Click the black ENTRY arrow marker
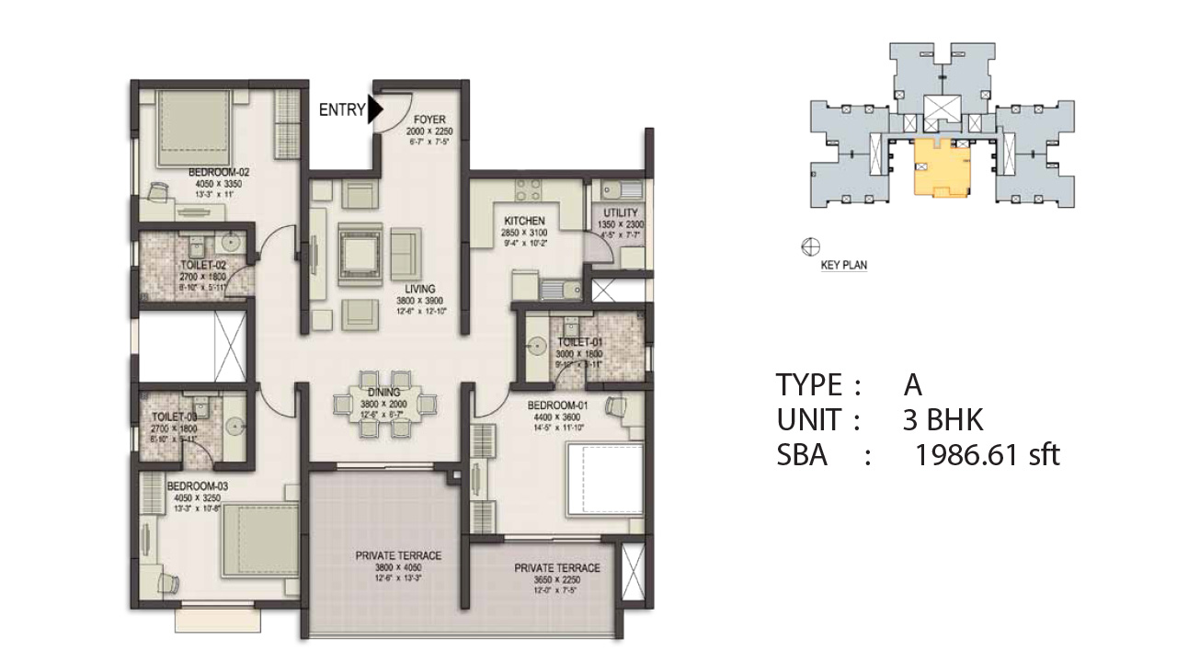374,110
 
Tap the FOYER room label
429,120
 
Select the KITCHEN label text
525,221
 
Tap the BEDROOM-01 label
557,405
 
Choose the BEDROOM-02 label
219,172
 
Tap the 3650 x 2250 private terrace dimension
557,580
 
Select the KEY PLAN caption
843,265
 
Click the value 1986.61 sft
987,454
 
